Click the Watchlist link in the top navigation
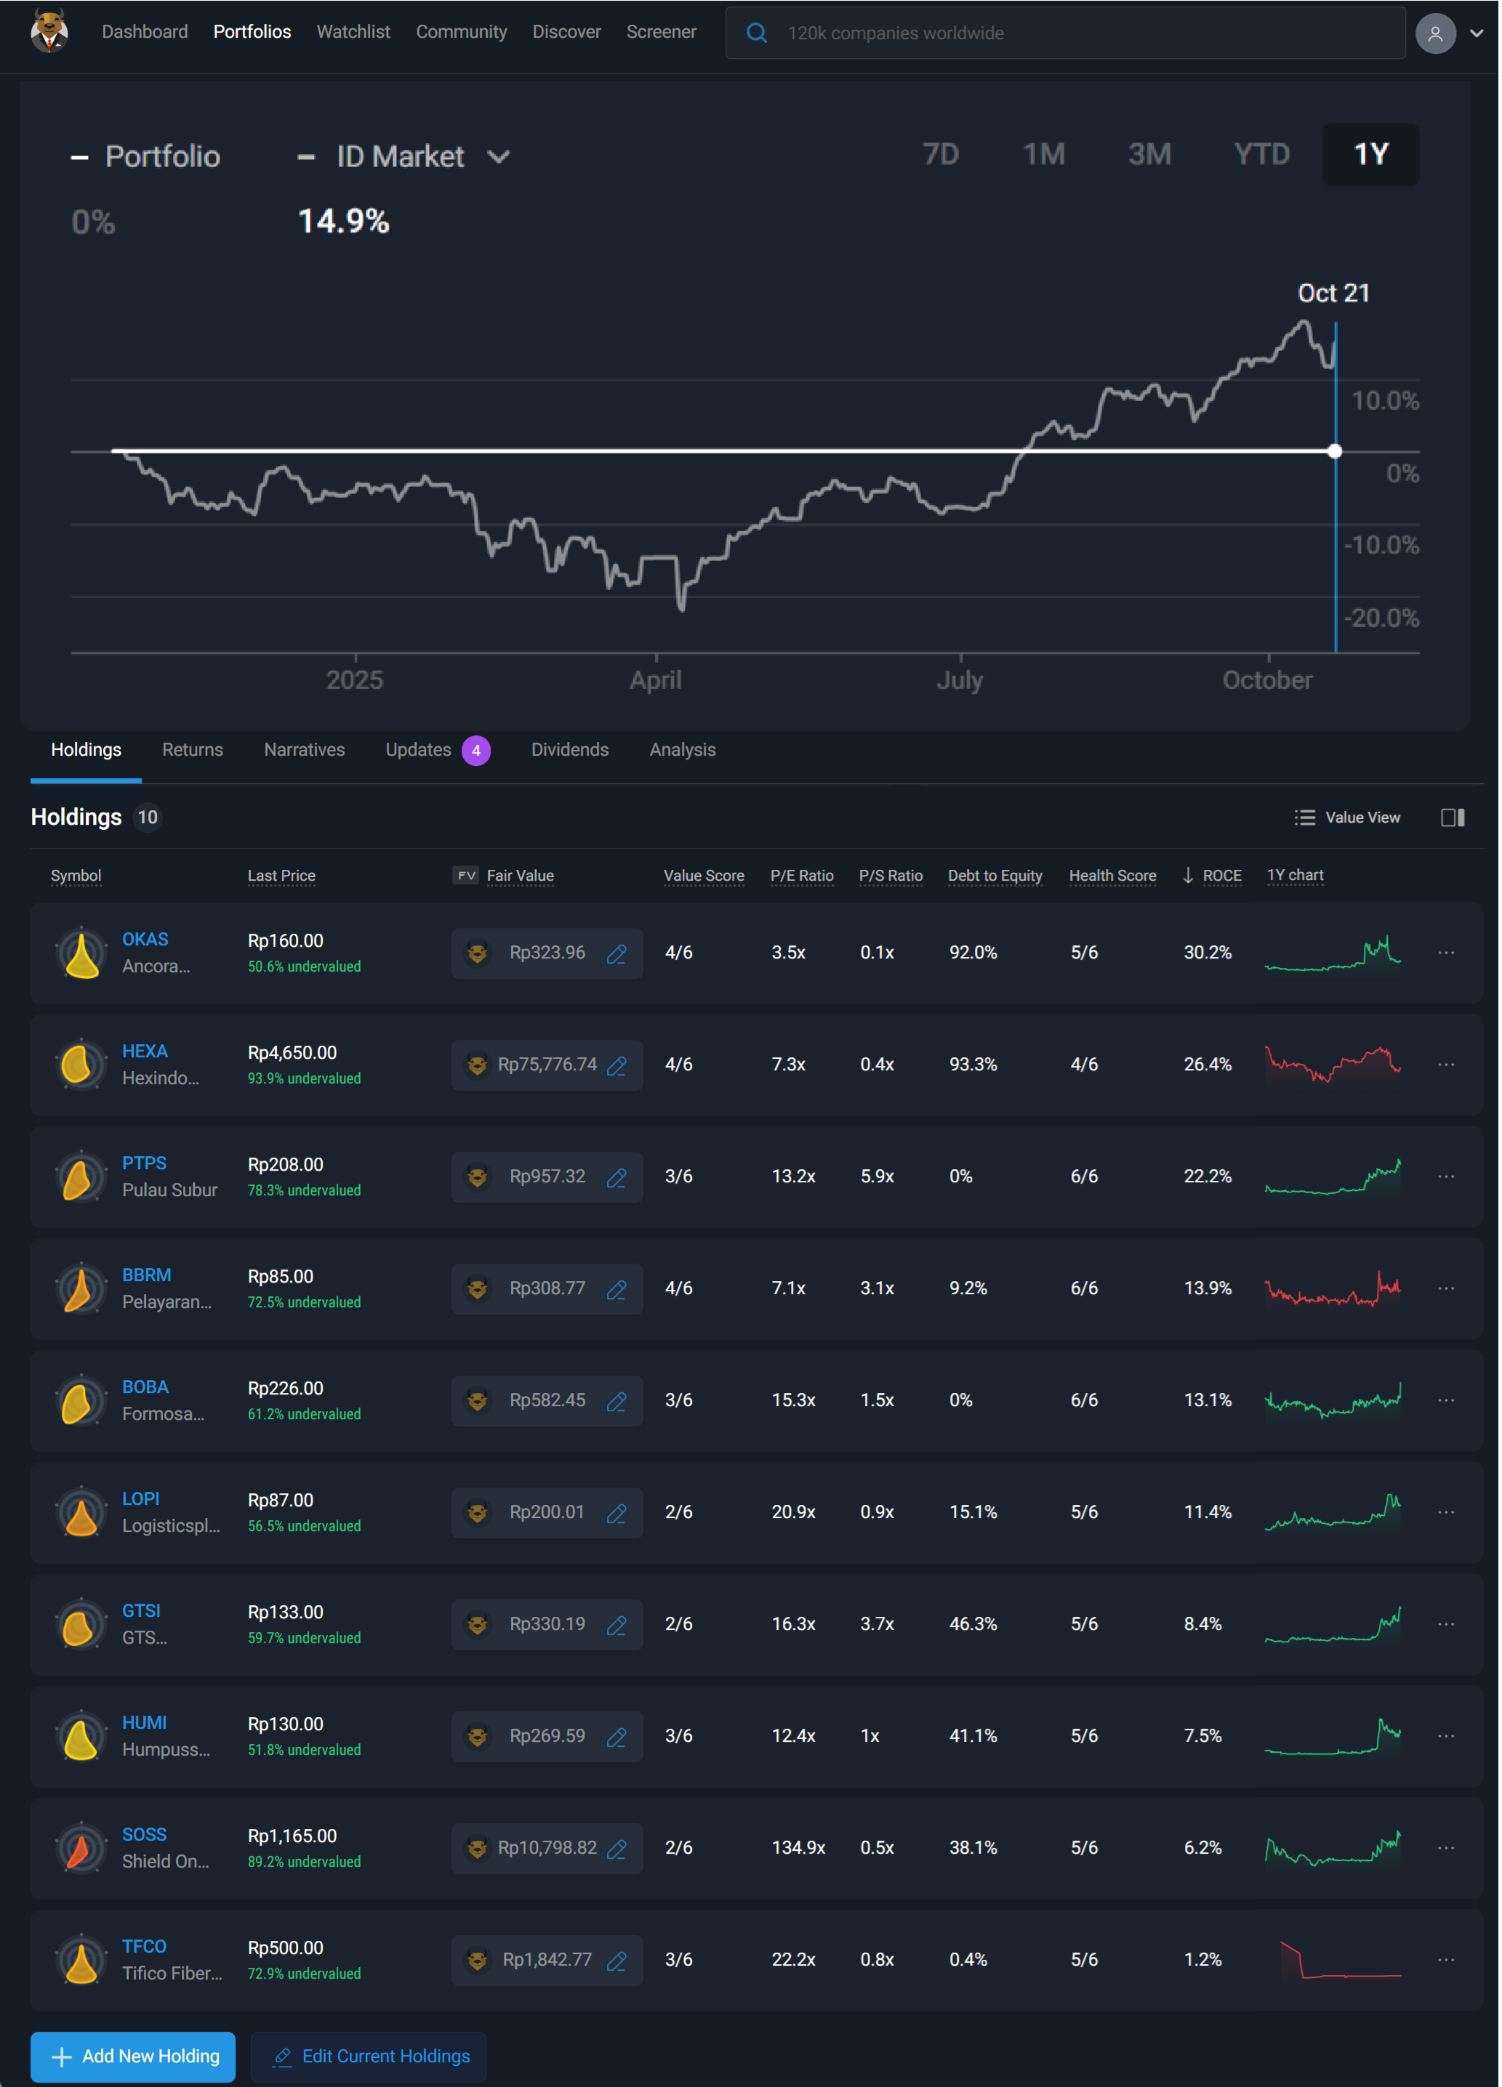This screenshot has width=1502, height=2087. pos(353,32)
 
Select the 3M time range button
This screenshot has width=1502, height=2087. pos(1150,155)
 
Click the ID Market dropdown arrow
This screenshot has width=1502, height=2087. pos(499,158)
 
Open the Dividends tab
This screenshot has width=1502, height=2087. pos(571,751)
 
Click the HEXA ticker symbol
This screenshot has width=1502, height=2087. pos(145,1051)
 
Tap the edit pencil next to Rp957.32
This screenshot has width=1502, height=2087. pos(617,1178)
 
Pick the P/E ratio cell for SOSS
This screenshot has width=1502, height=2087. pos(799,1849)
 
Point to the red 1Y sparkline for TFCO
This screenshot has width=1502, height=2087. pos(1340,1960)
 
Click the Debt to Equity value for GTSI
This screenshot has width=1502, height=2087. pos(973,1625)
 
